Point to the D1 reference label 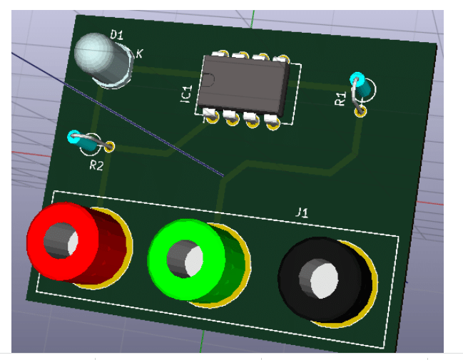coord(117,34)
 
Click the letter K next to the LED coord(138,53)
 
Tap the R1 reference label coord(341,98)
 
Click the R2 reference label coord(96,166)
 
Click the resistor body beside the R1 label coord(364,88)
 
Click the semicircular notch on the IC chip coord(208,81)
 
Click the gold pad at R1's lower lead coord(361,110)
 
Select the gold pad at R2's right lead coord(110,147)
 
